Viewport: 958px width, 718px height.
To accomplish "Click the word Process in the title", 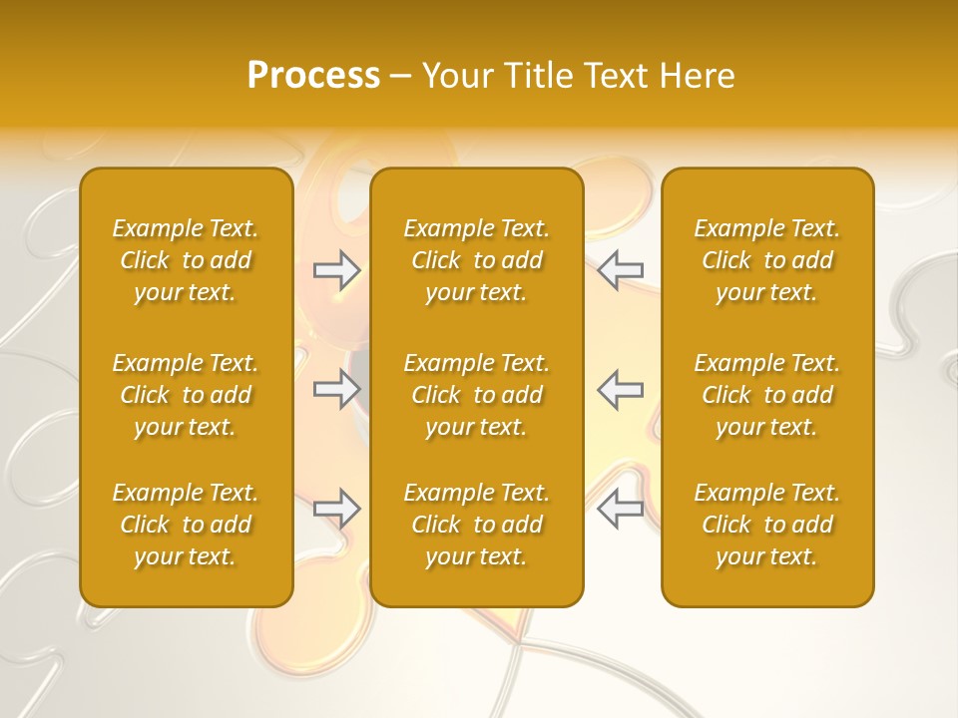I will tap(313, 76).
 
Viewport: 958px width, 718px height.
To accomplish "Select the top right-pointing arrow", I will tap(337, 270).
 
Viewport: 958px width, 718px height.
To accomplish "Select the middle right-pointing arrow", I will tap(337, 389).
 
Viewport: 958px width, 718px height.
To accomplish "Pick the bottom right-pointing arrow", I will tap(337, 509).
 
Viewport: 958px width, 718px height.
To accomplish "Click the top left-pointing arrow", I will tap(620, 270).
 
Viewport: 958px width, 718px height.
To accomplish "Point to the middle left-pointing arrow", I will tap(620, 389).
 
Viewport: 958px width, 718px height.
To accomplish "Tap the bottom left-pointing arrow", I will tap(620, 509).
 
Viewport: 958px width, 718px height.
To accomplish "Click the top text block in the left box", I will tap(186, 260).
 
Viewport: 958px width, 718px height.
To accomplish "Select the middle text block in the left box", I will tap(186, 395).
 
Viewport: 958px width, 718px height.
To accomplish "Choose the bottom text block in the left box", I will tap(186, 525).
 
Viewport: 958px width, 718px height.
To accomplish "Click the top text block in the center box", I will tap(477, 260).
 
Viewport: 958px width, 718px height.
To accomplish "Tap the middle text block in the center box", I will tap(477, 395).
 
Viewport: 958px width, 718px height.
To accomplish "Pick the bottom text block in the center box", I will tap(477, 525).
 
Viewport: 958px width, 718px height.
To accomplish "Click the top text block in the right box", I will tap(767, 260).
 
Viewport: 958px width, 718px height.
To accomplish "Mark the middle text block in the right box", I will tap(767, 395).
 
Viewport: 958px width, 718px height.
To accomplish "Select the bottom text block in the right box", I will tap(767, 525).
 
